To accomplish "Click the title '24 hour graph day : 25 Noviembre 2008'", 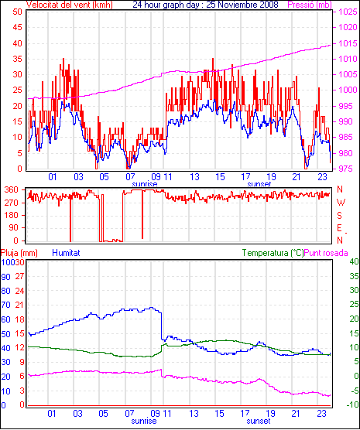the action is (x=205, y=5).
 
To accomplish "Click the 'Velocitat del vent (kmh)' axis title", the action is (x=70, y=5).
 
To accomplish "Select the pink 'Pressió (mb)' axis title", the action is (x=310, y=5).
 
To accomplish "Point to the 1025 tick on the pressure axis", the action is (x=348, y=12).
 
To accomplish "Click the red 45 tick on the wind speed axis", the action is (x=17, y=27).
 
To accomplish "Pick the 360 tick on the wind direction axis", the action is (x=12, y=189).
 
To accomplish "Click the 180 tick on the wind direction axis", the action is (x=12, y=216).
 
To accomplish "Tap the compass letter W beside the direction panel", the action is (x=341, y=203).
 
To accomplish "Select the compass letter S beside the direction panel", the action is (x=339, y=216).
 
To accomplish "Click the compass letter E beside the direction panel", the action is (x=339, y=228).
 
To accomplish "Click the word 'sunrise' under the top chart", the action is (x=145, y=184).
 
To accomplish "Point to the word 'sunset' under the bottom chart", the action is (x=259, y=421).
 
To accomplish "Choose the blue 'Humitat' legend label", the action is (x=66, y=253).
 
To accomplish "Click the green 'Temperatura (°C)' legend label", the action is (x=273, y=253).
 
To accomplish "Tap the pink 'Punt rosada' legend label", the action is (x=326, y=253).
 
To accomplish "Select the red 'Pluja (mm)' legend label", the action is (x=19, y=253).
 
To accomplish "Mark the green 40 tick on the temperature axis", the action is (x=354, y=261).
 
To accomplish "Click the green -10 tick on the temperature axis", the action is (x=352, y=404).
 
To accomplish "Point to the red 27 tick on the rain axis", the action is (x=19, y=276).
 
